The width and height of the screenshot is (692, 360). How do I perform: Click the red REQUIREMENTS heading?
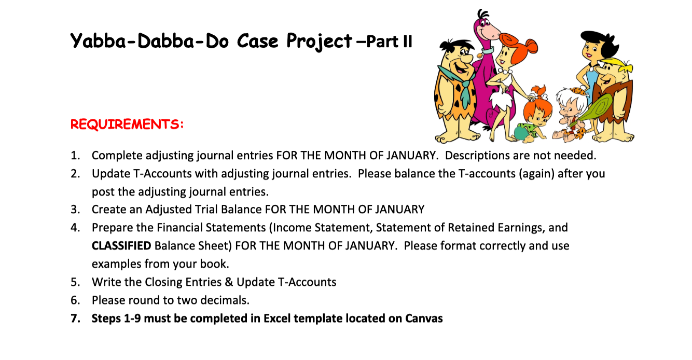point(127,124)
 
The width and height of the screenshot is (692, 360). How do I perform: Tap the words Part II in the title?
point(389,41)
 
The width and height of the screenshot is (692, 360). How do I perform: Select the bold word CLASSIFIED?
point(121,245)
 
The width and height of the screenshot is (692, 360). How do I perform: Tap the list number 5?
point(75,282)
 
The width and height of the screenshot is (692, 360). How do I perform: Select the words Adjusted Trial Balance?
point(203,210)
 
